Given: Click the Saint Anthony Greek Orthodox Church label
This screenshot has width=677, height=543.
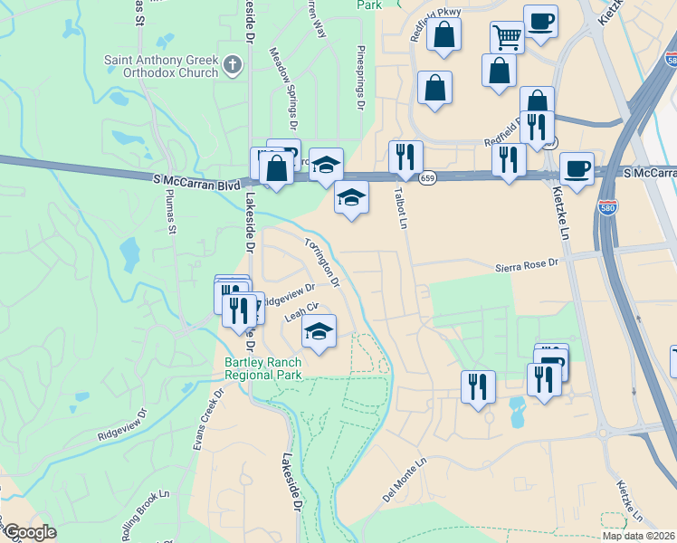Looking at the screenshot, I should click(161, 66).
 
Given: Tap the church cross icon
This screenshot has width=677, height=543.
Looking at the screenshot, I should click(234, 64).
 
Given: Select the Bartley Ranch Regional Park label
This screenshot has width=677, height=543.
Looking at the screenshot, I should click(262, 368).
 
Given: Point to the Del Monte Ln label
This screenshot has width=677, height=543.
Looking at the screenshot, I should click(404, 479).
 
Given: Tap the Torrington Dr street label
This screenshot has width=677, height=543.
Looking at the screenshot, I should click(322, 262).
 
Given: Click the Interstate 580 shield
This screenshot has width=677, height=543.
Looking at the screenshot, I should click(608, 207).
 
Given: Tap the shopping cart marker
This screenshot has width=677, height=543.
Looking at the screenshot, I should click(507, 37).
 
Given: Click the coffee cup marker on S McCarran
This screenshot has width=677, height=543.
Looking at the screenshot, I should click(577, 167).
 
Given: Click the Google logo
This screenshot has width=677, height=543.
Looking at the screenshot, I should click(30, 532).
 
